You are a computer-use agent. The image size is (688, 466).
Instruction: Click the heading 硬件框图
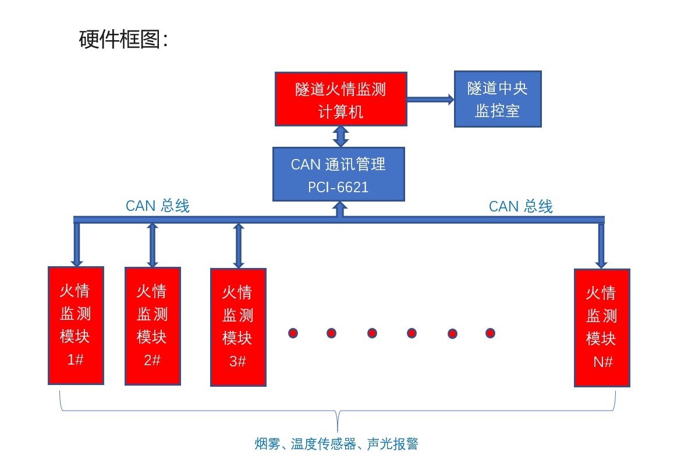tap(123, 40)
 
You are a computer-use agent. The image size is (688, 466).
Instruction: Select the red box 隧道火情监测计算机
tap(341, 99)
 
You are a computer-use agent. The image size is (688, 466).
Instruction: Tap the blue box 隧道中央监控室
tap(498, 99)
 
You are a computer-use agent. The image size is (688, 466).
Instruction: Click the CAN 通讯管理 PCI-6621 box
tap(338, 174)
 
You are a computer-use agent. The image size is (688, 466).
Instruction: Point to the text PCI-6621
tap(338, 188)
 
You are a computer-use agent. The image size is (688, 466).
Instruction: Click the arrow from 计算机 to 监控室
tap(430, 100)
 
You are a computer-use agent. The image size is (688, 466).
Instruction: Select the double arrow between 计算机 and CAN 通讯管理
tap(341, 136)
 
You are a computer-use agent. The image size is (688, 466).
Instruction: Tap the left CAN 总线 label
tap(158, 206)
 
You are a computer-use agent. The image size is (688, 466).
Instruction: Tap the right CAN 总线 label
tap(520, 206)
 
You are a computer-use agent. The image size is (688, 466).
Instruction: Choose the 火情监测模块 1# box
tap(76, 325)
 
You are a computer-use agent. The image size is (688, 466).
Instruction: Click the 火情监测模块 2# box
tap(153, 326)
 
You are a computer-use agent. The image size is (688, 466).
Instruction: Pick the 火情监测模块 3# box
tap(238, 327)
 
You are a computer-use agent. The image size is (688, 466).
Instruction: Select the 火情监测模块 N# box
tap(602, 327)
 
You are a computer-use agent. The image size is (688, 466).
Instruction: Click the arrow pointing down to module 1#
tap(76, 245)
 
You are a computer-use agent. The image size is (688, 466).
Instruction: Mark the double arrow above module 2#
tap(153, 245)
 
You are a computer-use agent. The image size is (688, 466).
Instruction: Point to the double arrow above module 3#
tap(238, 245)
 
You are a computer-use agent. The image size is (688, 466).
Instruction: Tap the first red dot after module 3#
tap(293, 333)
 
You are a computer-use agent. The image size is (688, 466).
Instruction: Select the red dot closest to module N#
tap(490, 333)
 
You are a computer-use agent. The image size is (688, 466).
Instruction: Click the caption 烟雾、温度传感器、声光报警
tap(336, 444)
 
